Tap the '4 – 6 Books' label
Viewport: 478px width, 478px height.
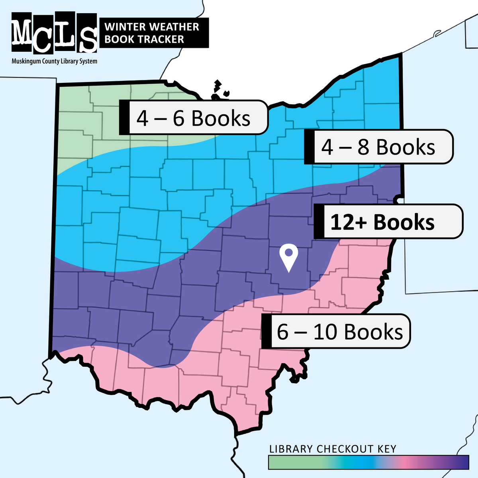193,118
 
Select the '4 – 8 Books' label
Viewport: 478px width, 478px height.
378,147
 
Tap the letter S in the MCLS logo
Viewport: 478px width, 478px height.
86,33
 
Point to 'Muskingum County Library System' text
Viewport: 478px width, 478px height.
54,61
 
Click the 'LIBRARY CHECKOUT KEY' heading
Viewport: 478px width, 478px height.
333,449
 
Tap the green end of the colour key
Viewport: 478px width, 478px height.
279,462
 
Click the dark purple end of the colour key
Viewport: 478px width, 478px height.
462,462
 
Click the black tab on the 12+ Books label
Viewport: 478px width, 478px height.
319,222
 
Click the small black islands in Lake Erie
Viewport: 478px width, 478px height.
219,90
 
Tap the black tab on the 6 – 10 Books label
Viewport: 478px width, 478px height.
266,331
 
